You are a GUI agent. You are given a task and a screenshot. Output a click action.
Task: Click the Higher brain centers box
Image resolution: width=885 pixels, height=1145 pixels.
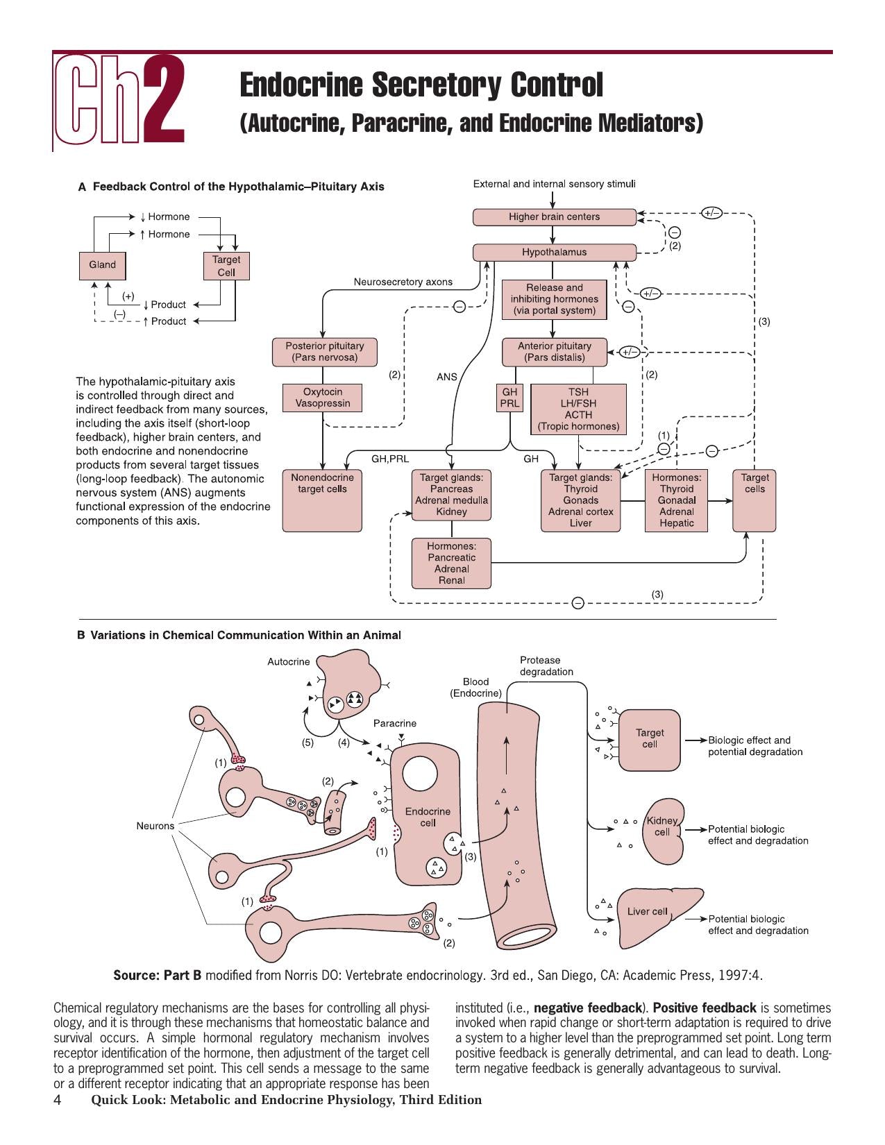click(554, 217)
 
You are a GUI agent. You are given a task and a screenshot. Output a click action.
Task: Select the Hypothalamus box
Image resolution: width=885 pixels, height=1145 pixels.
click(554, 253)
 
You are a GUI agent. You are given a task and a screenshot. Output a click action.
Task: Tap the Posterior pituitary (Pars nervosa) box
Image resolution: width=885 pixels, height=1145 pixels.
click(325, 352)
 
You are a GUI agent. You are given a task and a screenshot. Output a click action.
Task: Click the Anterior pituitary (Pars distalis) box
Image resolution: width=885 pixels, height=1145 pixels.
click(554, 352)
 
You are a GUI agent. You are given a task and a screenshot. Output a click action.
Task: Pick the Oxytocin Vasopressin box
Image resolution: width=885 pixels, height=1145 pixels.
click(323, 398)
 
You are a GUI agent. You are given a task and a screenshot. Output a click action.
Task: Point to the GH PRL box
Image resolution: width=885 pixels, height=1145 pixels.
click(509, 398)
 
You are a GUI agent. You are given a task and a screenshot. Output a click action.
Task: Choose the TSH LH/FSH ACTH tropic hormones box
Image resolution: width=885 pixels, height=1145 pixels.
click(578, 409)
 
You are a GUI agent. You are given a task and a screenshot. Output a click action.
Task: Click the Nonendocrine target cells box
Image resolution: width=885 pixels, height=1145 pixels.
click(322, 500)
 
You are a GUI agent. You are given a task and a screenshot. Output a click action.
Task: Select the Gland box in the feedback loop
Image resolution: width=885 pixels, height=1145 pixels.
click(102, 266)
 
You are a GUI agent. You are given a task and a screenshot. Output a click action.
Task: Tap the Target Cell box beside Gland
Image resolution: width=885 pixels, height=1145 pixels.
click(226, 266)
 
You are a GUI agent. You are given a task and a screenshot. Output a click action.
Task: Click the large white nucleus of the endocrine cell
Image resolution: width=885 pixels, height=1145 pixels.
click(419, 774)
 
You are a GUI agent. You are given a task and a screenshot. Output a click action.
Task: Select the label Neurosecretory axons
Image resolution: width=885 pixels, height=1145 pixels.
click(403, 282)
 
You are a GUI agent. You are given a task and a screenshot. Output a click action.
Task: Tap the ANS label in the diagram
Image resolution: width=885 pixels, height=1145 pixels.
click(446, 377)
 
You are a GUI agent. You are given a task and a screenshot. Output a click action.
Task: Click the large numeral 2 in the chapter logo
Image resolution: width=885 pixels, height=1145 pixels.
click(164, 99)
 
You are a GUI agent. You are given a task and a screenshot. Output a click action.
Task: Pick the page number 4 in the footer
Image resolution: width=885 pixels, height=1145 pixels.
click(58, 1100)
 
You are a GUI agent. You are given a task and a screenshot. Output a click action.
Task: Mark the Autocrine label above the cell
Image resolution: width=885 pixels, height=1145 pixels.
click(288, 662)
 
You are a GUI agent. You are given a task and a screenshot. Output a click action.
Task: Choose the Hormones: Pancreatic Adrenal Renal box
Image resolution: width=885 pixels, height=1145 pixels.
click(451, 563)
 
